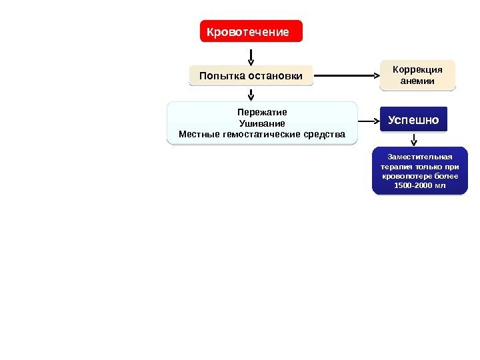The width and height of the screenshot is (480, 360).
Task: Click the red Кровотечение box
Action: (251, 31)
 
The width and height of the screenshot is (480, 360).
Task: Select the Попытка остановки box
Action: (251, 76)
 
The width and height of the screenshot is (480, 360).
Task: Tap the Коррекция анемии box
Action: (417, 75)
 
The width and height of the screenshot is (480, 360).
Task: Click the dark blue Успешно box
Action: (414, 120)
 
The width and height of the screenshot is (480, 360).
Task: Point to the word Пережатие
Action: (262, 112)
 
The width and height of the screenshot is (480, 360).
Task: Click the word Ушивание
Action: (262, 123)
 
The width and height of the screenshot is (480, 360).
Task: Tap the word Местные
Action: (199, 135)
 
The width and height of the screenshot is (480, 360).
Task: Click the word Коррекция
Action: (417, 69)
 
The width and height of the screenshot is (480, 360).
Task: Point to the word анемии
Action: (417, 81)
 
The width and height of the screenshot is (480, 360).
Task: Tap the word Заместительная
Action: (420, 157)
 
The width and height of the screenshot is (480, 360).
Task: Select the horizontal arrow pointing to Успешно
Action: (368, 122)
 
